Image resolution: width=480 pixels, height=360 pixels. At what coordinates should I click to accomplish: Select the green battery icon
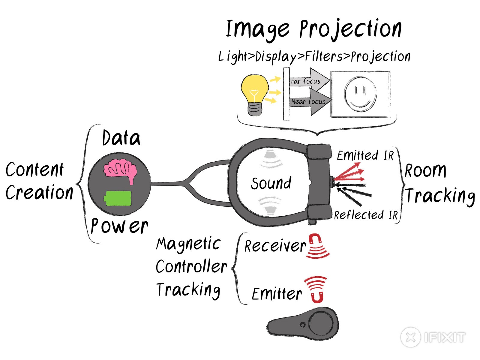tap(118, 198)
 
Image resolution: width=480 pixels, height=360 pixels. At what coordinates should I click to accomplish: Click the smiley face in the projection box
tap(360, 94)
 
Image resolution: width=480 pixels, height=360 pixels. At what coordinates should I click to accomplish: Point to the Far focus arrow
tap(309, 81)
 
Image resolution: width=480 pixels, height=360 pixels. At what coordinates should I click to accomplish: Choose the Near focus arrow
tap(310, 102)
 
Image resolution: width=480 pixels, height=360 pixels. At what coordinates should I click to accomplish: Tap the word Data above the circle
tap(121, 138)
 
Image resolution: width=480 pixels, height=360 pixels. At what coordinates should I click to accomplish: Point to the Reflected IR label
tap(366, 215)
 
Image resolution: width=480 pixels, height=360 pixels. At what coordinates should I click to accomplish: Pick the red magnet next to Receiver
tap(317, 246)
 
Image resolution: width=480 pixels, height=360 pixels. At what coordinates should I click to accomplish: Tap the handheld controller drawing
tap(303, 324)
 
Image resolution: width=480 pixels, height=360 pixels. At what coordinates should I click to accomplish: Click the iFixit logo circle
tap(411, 337)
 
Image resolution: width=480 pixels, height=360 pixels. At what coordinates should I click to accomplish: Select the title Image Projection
tap(313, 29)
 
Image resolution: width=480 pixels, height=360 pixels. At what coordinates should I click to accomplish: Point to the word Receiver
tap(275, 246)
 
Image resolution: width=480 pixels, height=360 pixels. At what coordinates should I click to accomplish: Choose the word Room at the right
tap(425, 171)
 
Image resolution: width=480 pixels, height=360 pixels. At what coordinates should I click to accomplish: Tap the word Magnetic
tap(188, 244)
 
